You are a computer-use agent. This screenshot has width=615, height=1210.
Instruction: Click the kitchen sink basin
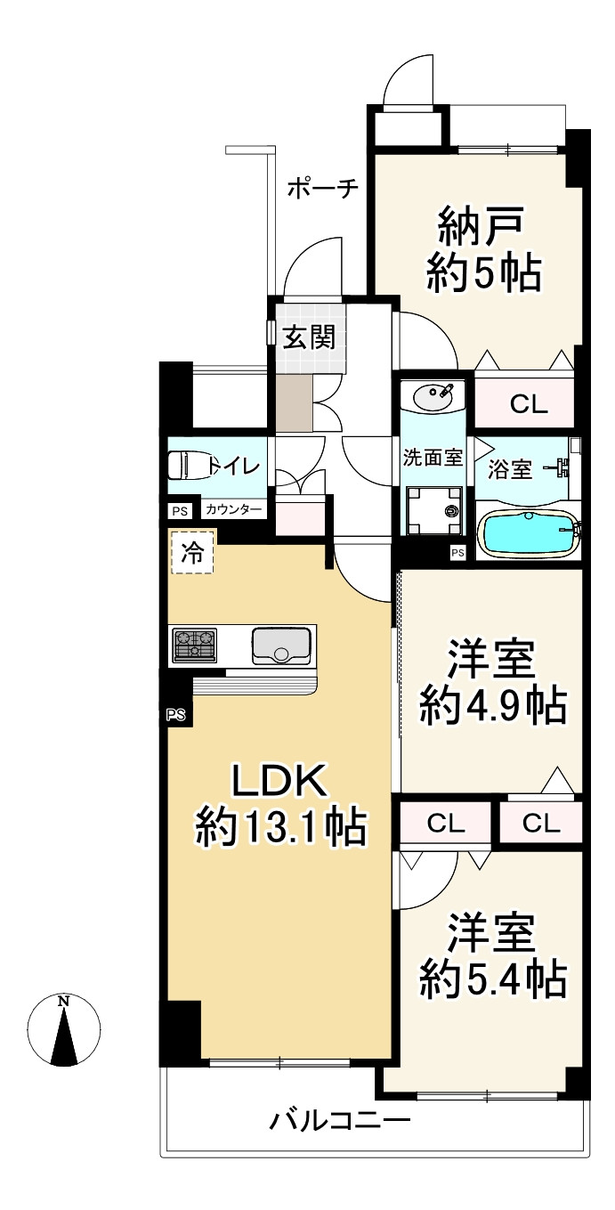pos(281,645)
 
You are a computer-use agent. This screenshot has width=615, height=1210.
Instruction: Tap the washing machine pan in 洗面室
pos(435,510)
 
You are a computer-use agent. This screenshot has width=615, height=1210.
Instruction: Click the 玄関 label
pos(309,337)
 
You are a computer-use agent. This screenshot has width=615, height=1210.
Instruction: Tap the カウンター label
pos(234,510)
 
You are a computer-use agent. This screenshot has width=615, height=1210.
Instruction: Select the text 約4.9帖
pos(492,708)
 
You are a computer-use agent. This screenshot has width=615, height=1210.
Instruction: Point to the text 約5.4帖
pos(492,980)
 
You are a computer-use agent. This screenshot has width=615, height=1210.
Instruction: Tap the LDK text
pos(281,781)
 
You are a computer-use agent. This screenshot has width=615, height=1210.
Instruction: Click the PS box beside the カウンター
pos(180,511)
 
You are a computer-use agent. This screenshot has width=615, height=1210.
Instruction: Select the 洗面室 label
pos(432,459)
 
